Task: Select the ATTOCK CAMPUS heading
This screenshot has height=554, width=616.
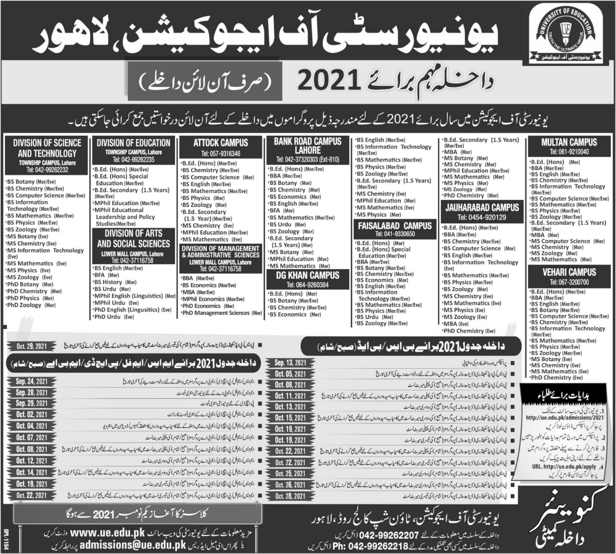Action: (x=221, y=143)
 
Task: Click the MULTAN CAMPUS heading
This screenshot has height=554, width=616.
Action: (x=569, y=142)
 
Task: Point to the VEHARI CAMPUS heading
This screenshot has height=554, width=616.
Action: (x=569, y=272)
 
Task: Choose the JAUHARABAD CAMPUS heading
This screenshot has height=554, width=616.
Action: (x=482, y=207)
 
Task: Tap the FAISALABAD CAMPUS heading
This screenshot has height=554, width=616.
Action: (x=395, y=226)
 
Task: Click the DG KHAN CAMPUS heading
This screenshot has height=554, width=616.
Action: (x=308, y=275)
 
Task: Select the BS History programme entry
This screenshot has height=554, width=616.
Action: (x=108, y=282)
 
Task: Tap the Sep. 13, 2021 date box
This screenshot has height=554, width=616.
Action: (x=290, y=363)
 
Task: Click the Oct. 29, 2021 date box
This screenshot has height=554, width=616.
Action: (x=31, y=346)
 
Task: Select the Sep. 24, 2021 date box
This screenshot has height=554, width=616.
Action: (x=31, y=381)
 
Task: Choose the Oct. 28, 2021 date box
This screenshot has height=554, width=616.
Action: (x=290, y=496)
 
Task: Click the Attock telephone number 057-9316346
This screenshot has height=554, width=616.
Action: (x=221, y=154)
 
